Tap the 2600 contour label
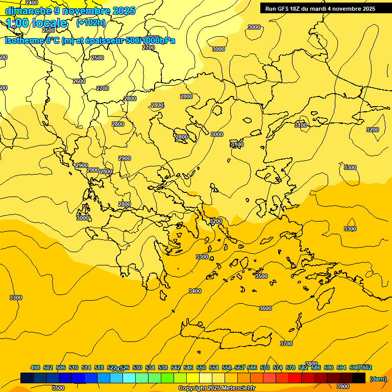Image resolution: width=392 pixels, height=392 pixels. pos(79,81)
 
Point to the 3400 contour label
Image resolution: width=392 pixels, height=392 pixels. pos(194,291)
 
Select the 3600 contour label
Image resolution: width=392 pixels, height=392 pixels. pos(265,308)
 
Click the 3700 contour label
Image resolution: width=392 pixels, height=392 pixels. pos(286,344)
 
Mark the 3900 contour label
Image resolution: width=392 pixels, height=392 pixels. pos(342,386)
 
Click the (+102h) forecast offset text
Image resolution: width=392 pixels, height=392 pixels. pos(90,22)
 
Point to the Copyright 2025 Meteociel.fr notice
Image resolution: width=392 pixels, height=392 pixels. pos(216,388)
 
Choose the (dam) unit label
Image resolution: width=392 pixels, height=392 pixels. pos(378,379)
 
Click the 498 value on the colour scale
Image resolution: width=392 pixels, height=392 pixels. pos(35,367)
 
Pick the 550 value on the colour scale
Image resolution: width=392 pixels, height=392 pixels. pos(201,367)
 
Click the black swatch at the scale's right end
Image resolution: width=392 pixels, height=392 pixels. pos(359,378)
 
